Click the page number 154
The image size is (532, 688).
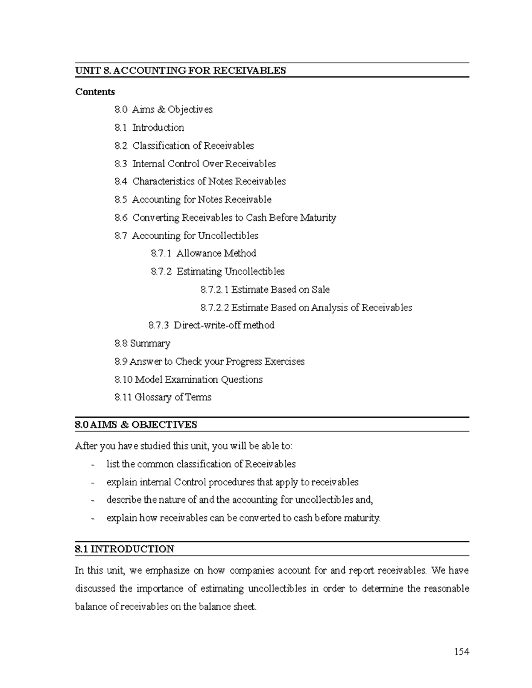click(x=461, y=651)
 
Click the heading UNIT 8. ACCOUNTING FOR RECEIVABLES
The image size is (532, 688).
click(x=180, y=70)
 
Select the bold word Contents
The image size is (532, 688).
click(x=95, y=92)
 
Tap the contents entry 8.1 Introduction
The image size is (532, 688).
click(x=149, y=128)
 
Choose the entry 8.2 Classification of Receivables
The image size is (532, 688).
click(x=184, y=146)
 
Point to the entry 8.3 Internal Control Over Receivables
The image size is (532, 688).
click(x=195, y=164)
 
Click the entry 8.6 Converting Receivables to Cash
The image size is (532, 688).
click(x=225, y=218)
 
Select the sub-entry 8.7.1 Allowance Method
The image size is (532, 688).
click(x=203, y=253)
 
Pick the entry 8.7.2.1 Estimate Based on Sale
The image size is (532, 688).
click(x=265, y=290)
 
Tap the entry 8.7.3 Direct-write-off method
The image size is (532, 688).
click(x=211, y=325)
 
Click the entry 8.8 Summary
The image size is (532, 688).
click(x=142, y=343)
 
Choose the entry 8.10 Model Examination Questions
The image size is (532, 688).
click(x=188, y=380)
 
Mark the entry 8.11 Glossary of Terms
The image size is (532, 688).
click(x=163, y=397)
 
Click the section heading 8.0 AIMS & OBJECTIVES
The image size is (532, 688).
click(x=136, y=424)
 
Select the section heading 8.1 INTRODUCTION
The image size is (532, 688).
click(x=125, y=549)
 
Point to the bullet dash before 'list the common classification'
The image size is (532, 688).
click(x=92, y=465)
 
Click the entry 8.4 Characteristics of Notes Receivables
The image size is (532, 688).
click(x=200, y=182)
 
